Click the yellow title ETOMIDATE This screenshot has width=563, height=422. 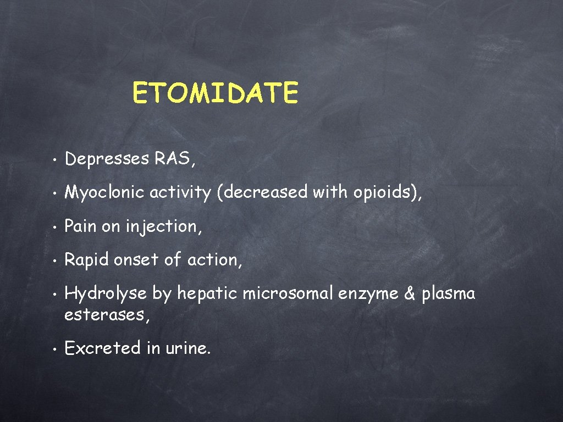coord(215,93)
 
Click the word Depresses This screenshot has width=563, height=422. coord(107,159)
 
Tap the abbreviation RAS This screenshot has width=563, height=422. coord(172,159)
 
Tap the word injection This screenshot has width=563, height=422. coord(162,226)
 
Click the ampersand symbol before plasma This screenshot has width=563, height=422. coord(409,293)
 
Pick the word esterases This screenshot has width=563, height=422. coord(104,315)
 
